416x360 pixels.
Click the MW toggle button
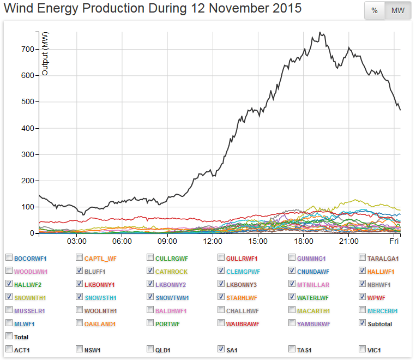coord(398,10)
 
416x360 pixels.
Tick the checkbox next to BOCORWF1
coord(9,257)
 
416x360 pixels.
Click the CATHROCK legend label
coord(171,271)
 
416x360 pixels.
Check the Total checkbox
coord(9,336)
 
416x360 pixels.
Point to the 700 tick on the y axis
coord(27,49)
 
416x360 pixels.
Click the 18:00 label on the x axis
coord(303,241)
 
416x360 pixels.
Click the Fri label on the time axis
coord(394,241)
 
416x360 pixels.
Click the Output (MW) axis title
coord(45,53)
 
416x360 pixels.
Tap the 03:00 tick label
coord(76,241)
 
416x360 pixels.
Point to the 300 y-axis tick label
coord(27,154)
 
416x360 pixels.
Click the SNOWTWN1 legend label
coord(173,297)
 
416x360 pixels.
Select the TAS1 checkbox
coord(292,349)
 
